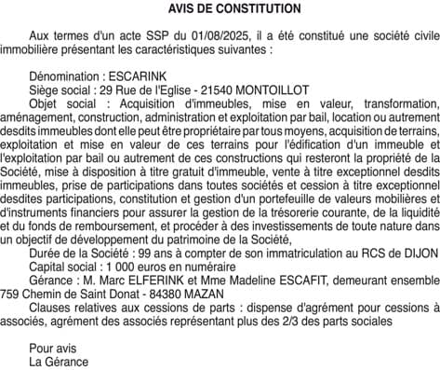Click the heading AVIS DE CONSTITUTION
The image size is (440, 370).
220,8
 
